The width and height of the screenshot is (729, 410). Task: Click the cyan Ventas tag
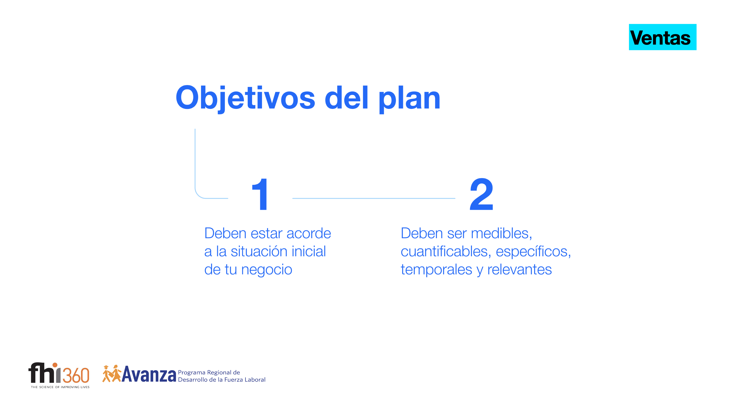pos(663,37)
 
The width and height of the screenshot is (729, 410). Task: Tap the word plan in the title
pos(410,99)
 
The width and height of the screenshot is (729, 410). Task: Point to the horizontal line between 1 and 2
pos(374,198)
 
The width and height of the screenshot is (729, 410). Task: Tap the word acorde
pos(309,233)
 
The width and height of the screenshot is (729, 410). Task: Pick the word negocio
pos(267,270)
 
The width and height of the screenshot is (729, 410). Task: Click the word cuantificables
pos(446,251)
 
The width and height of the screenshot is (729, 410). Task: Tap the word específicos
pos(533,252)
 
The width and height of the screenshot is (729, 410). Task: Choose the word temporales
pos(436,270)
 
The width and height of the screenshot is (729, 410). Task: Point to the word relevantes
pos(520,270)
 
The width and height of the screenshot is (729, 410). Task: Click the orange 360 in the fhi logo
pos(76,375)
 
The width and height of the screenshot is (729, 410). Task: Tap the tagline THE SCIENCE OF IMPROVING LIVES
pos(60,387)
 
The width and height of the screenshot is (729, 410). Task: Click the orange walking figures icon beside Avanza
pos(112,374)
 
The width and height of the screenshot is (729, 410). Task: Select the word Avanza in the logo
pos(149,374)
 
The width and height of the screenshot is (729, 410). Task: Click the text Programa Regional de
pos(209,372)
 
